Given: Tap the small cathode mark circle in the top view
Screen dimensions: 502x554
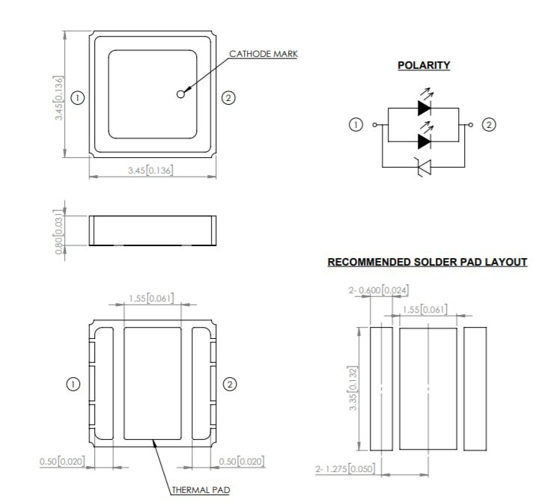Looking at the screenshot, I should tap(180, 94).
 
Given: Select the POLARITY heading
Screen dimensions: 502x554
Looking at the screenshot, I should tap(424, 65).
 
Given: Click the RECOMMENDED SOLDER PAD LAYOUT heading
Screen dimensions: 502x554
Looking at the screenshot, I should tap(427, 262).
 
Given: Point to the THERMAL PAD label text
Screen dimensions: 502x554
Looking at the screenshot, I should tap(200, 491).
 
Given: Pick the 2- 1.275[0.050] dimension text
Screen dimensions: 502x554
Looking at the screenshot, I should tap(345, 469).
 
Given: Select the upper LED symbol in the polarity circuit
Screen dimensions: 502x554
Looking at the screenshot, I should tap(424, 108).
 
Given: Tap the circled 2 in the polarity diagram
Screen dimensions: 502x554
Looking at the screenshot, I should tap(489, 125).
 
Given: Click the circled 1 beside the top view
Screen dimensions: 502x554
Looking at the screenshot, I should tap(76, 97).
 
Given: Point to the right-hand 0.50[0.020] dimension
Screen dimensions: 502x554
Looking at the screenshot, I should tap(241, 461).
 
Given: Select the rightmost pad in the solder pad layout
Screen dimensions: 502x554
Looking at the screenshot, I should tap(474, 389).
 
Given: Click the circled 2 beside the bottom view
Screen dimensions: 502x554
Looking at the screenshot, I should tap(231, 384).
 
